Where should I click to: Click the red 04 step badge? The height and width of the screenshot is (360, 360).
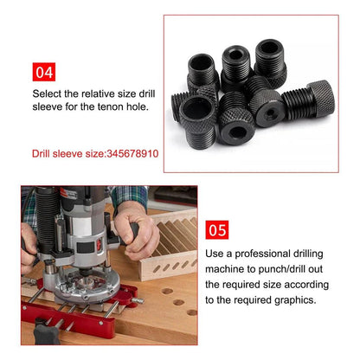coord(44,72)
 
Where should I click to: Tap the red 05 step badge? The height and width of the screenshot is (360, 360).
coord(217,230)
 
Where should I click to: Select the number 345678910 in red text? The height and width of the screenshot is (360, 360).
coord(132,153)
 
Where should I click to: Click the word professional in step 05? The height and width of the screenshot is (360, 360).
coord(262,254)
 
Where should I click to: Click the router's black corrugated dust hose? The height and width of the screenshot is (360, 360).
coord(46,219)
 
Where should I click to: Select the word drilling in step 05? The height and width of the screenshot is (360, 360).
coord(308,254)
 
